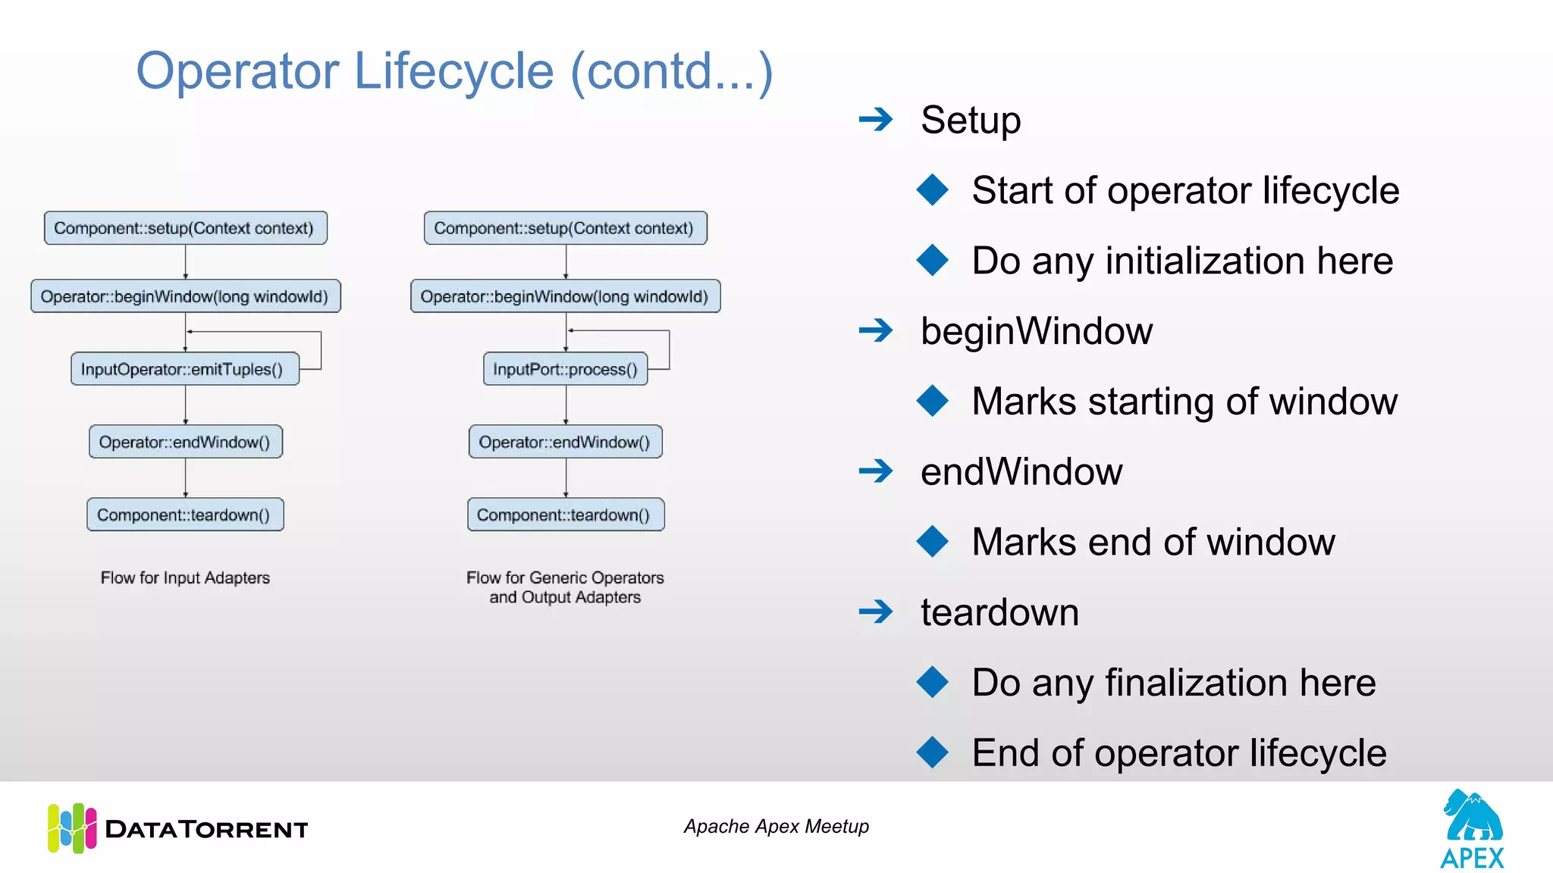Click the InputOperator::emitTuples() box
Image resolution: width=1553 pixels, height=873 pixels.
pos(185,369)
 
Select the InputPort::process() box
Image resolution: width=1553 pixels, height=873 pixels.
pos(565,369)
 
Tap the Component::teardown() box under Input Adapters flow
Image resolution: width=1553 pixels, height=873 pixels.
pos(185,515)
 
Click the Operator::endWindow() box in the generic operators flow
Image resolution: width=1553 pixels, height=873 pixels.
pos(565,442)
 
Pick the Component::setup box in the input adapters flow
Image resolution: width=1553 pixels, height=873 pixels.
pos(185,228)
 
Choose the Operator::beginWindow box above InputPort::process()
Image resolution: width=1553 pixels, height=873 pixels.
pos(565,296)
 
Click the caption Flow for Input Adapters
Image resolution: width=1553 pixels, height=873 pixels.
pos(185,577)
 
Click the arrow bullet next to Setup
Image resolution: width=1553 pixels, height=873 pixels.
pos(876,119)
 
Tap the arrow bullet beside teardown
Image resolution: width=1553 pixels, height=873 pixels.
pos(876,612)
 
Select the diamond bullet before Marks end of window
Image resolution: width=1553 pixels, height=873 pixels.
pos(932,542)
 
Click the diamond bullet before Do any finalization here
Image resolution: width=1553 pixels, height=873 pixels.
pos(932,682)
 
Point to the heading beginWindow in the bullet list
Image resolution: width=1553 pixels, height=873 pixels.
pos(1036,331)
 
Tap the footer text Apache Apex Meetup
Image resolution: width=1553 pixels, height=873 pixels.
pos(776,826)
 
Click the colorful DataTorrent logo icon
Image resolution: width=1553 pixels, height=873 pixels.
pos(72,828)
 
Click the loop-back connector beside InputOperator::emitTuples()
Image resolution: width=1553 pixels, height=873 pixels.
pos(321,350)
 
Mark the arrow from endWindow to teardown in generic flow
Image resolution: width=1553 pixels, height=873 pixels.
pos(566,477)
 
